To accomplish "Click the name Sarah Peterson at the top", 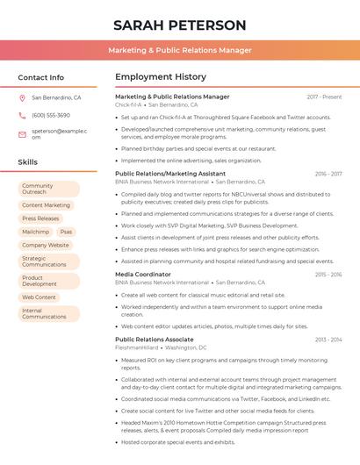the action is pos(180,25).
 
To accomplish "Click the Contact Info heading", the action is pos(40,77).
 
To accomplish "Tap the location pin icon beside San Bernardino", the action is pos(22,98).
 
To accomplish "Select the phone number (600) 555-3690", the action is pos(51,115).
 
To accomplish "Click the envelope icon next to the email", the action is pos(22,134).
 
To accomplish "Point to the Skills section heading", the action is pos(27,162).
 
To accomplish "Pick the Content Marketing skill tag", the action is pos(46,205).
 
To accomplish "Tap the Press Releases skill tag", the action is pos(40,218).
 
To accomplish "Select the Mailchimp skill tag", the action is pos(35,232).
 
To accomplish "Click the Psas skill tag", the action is pos(67,232).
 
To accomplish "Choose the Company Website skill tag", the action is pos(46,246).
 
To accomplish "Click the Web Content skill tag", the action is pos(39,297).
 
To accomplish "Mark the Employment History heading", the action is pos(161,77).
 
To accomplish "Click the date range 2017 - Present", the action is pos(324,97).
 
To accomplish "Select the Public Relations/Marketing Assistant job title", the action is pos(169,174).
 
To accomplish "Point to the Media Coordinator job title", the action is pos(143,275).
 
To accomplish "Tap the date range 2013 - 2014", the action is pos(328,339).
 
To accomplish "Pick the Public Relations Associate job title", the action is pos(155,339).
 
